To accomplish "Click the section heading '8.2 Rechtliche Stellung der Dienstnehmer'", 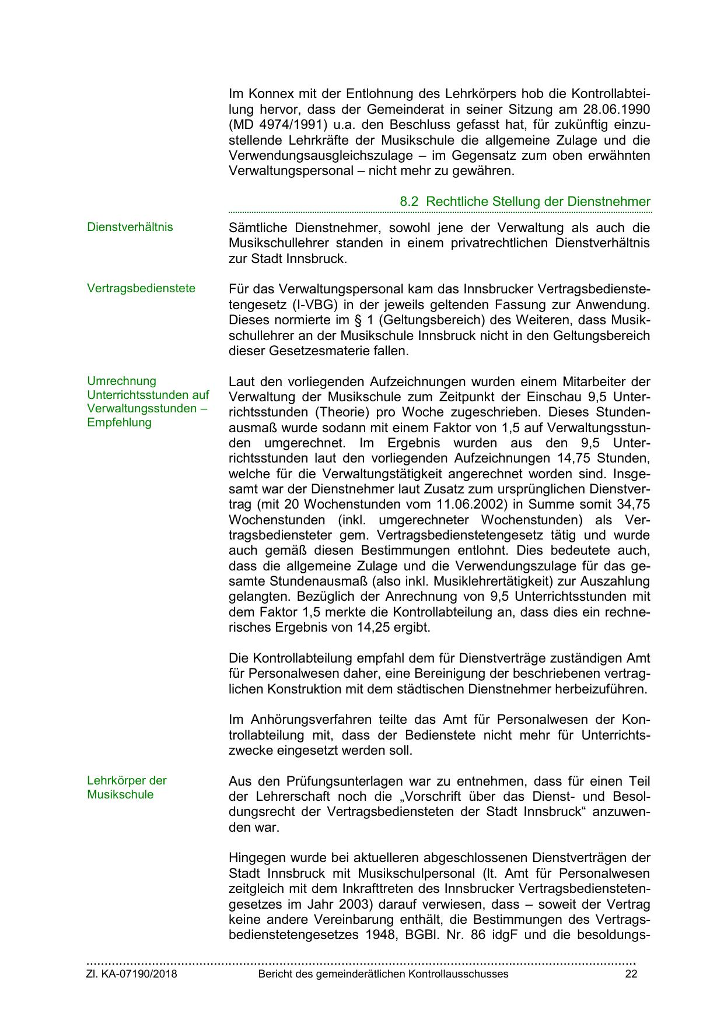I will [524, 202].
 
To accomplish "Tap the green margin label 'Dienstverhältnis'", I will [130, 227].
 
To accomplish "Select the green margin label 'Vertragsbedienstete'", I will [141, 288].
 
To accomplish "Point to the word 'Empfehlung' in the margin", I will [119, 422].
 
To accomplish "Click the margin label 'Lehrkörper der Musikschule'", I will [127, 787].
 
